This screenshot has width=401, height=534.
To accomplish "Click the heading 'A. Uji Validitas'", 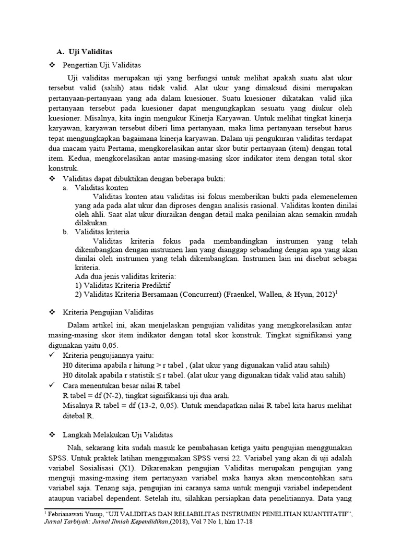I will pyautogui.click(x=85, y=52).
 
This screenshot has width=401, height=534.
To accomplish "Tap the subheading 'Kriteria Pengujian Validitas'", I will pyautogui.click(x=108, y=312).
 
